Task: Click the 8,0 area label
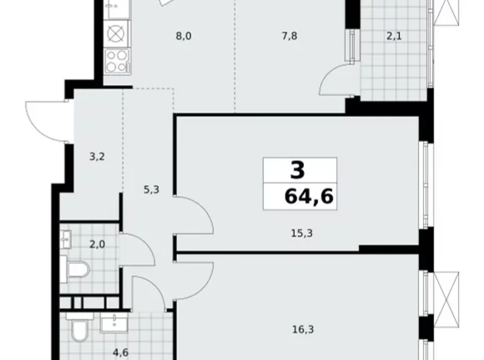(184, 36)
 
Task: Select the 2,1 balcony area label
(394, 36)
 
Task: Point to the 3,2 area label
(96, 156)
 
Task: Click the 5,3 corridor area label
(151, 191)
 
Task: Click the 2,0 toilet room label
(97, 244)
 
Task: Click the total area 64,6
(308, 197)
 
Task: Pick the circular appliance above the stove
(116, 32)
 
